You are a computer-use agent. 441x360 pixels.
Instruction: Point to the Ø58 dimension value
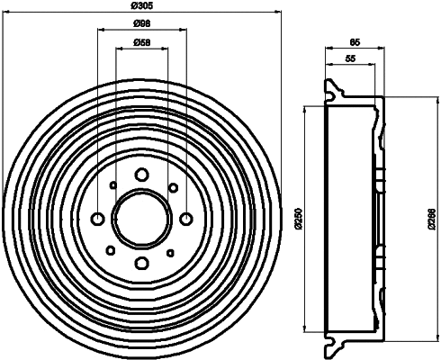coord(140,42)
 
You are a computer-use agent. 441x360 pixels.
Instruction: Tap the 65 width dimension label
coord(355,42)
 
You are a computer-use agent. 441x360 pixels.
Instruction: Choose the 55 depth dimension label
coord(350,59)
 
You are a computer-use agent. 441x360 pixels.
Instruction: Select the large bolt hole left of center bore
coord(97,219)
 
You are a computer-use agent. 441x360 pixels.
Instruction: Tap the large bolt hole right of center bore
coord(185,219)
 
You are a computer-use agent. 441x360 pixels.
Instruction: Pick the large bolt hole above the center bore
coord(141,175)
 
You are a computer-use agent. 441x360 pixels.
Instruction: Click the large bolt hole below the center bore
coord(141,264)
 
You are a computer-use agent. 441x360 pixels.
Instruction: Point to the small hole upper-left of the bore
coord(111,187)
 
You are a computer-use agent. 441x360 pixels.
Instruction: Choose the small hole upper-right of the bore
coord(172,187)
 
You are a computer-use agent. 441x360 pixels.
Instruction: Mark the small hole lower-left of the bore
coord(111,250)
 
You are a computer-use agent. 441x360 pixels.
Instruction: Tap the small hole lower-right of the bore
coord(172,250)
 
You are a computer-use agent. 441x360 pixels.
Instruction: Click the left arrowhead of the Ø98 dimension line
coord(99,31)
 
